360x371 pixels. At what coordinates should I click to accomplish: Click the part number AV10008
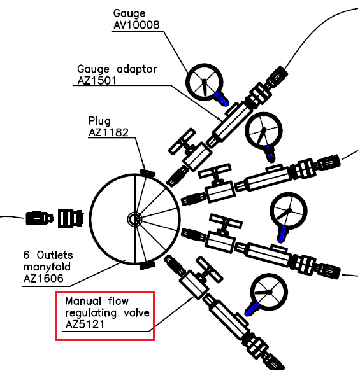pyautogui.click(x=136, y=25)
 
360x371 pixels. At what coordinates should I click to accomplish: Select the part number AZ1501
pyautogui.click(x=97, y=81)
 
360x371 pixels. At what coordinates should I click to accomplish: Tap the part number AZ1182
pyautogui.click(x=108, y=132)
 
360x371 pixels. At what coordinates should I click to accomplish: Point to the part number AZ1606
pyautogui.click(x=43, y=279)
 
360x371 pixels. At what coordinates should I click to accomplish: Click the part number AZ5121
pyautogui.click(x=85, y=324)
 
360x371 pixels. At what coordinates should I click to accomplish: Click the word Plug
pyautogui.click(x=99, y=121)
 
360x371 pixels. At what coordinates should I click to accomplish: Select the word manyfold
pyautogui.click(x=47, y=267)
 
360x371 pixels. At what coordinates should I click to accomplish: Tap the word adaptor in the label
pyautogui.click(x=137, y=69)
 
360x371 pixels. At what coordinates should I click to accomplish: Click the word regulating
pyautogui.click(x=90, y=313)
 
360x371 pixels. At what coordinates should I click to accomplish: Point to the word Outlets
pyautogui.click(x=55, y=255)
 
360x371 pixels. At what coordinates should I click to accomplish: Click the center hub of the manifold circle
pyautogui.click(x=134, y=219)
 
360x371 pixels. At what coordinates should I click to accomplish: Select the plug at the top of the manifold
pyautogui.click(x=147, y=172)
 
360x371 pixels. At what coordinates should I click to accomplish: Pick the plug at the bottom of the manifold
pyautogui.click(x=147, y=266)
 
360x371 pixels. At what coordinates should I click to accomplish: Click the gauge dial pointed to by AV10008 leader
pyautogui.click(x=205, y=82)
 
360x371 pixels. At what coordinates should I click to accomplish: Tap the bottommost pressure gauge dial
pyautogui.click(x=269, y=292)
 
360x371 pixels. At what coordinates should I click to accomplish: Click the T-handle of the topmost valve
pyautogui.click(x=182, y=141)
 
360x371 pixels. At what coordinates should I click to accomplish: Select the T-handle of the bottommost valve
pyautogui.click(x=210, y=269)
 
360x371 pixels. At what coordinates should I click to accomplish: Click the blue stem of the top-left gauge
pyautogui.click(x=222, y=99)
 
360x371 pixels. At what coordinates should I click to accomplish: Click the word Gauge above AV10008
pyautogui.click(x=129, y=13)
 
